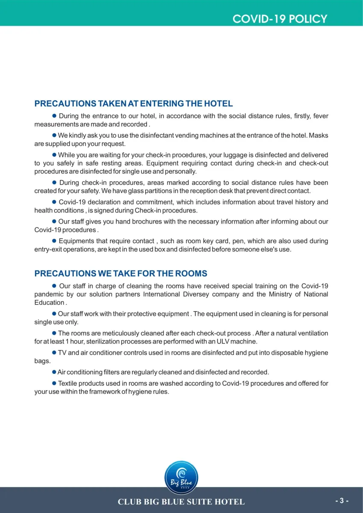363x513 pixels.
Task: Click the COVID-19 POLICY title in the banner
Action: pyautogui.click(x=280, y=19)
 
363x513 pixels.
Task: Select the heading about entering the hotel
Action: pyautogui.click(x=133, y=104)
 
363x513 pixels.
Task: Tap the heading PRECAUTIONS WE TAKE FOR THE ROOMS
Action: pyautogui.click(x=120, y=274)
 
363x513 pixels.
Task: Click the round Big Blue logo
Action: pyautogui.click(x=181, y=478)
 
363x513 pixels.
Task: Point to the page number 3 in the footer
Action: pyautogui.click(x=342, y=501)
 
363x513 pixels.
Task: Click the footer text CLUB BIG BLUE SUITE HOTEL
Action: pyautogui.click(x=181, y=502)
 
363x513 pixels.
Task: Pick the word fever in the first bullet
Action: pyautogui.click(x=321, y=116)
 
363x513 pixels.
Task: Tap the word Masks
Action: pyautogui.click(x=318, y=136)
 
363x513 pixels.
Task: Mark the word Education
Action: pyautogui.click(x=49, y=303)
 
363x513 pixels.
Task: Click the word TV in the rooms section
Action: pyautogui.click(x=62, y=353)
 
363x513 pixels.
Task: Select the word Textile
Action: pyautogui.click(x=69, y=384)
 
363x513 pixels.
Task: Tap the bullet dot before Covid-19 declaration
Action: pyautogui.click(x=54, y=202)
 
